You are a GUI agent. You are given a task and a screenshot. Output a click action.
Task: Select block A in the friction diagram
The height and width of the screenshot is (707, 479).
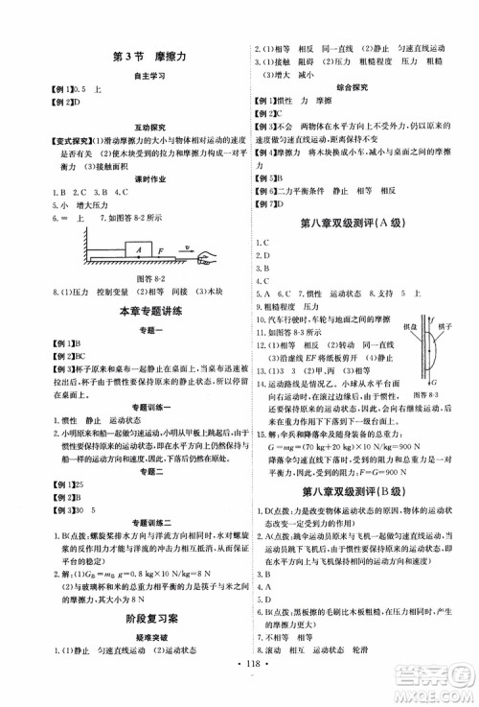[140, 248]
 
